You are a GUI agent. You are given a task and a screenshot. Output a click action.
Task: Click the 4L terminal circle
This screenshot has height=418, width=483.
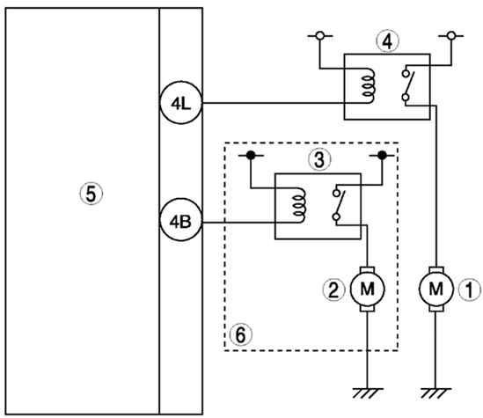point(181,103)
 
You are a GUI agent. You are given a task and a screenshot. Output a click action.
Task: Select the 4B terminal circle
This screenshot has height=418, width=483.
point(181,220)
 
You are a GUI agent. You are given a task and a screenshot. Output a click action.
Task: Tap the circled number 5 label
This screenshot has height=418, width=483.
point(91,194)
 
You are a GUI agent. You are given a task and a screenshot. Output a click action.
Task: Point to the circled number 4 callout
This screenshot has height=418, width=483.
point(387,41)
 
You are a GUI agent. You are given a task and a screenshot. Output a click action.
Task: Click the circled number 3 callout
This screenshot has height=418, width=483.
point(319,159)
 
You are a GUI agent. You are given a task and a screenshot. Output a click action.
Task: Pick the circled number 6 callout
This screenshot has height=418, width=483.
point(240,334)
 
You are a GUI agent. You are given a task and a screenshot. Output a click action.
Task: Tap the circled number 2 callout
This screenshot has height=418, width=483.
point(334,290)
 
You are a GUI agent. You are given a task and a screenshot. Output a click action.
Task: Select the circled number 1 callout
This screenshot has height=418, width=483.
point(470,290)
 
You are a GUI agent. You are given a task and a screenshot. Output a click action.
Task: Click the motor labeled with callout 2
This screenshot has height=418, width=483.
point(367,290)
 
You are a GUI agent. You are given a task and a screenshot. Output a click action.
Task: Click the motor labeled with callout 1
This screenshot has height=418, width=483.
point(435,290)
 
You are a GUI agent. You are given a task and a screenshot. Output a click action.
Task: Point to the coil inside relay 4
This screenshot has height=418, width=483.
point(368,85)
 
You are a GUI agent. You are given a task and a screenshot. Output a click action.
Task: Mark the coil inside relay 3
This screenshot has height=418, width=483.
point(299,205)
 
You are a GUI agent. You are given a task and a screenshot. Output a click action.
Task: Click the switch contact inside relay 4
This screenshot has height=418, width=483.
point(407,85)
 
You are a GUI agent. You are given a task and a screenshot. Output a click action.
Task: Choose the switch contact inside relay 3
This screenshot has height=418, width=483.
point(339,205)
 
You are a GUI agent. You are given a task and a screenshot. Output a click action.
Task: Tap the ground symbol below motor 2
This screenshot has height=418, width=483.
point(368,393)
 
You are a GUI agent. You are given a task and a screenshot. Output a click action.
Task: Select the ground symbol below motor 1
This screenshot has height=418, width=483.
point(435,393)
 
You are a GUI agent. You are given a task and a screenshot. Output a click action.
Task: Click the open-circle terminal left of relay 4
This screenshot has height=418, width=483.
point(320,36)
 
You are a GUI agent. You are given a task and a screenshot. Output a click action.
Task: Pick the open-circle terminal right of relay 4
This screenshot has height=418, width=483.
point(451,36)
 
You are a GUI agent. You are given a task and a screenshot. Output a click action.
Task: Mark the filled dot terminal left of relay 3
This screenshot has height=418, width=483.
point(251,155)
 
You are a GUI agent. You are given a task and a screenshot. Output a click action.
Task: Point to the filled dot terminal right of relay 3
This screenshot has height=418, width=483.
point(382,155)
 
